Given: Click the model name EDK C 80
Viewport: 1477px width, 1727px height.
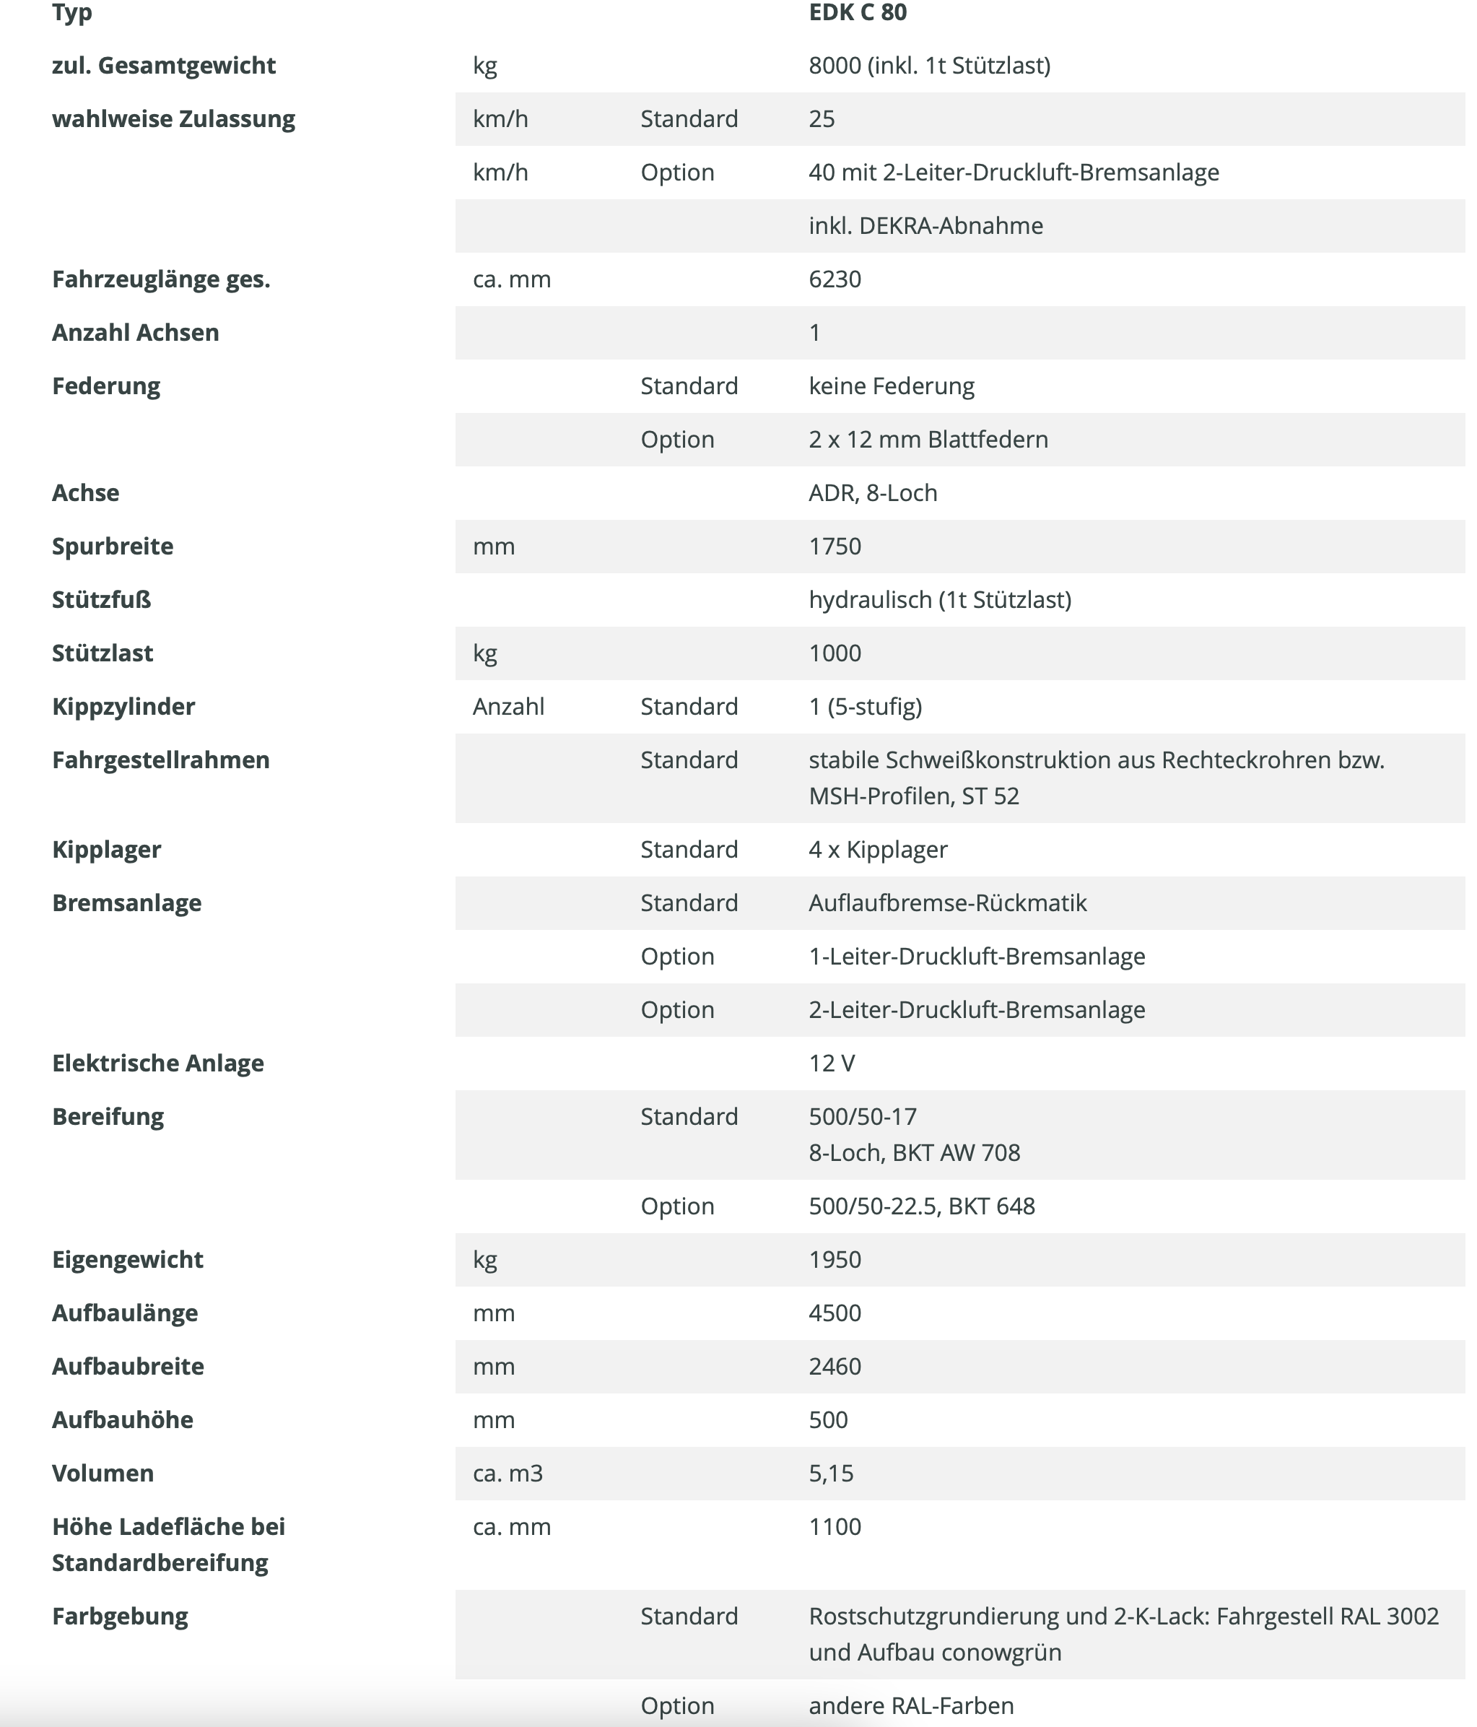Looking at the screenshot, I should coord(857,12).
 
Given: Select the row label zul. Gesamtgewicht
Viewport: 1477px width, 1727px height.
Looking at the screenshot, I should coord(163,66).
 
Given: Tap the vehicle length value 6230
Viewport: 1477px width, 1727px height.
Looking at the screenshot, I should coord(835,279).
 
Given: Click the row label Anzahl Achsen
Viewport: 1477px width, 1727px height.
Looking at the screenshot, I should coord(135,333).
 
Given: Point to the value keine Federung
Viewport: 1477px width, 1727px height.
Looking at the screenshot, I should coord(891,386).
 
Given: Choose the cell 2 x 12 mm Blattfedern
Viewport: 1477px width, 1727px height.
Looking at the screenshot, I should coord(928,439).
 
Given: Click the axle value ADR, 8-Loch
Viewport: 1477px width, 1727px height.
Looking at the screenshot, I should coord(873,492).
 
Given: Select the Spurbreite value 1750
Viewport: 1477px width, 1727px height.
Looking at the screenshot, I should coord(835,546).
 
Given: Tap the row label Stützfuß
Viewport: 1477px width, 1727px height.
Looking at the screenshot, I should coord(101,599).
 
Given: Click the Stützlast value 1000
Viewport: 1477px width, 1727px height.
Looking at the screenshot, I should coord(835,653).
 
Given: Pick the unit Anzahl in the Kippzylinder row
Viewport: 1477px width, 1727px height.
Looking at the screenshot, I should coord(507,707).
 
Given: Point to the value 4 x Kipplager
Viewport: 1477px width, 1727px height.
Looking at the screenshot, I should coord(878,849).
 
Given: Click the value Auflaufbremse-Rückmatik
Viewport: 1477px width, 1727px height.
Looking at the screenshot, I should coord(947,902).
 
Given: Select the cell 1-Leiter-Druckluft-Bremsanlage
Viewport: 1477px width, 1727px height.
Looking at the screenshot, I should coord(976,956).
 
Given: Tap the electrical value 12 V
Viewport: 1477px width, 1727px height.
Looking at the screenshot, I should coord(831,1063).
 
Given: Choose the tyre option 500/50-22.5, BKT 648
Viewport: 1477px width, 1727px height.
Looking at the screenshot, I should coord(921,1206).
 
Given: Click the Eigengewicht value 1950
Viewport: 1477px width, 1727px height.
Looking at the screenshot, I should coord(835,1259).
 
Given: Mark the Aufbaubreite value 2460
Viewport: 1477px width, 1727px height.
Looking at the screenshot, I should coord(835,1366).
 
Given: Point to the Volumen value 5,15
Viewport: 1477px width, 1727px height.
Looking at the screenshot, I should coord(830,1473).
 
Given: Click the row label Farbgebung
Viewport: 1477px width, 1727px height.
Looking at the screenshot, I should coord(120,1616).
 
